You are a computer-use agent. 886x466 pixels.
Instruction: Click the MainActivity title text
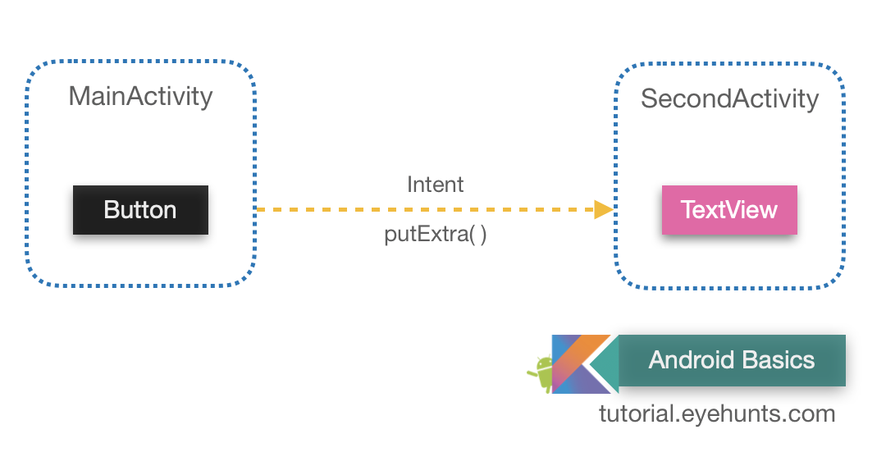point(140,96)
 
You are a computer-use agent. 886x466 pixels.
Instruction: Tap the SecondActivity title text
point(729,98)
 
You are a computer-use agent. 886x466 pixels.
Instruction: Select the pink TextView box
point(729,210)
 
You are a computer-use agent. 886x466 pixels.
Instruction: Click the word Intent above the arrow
point(435,185)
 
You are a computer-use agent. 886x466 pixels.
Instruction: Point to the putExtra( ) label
point(435,235)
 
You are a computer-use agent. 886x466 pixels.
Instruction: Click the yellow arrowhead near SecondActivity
point(604,210)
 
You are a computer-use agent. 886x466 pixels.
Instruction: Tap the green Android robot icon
point(541,373)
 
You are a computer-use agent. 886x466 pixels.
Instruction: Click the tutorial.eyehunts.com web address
point(717,413)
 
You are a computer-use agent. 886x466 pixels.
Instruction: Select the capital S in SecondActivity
point(649,99)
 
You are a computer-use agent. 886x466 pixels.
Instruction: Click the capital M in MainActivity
point(79,96)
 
